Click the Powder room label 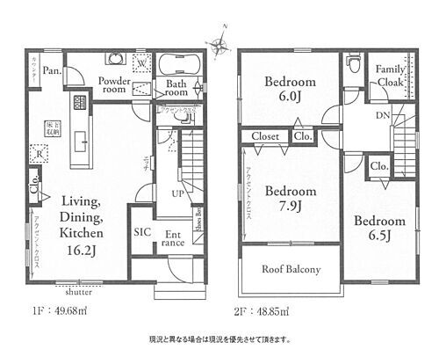(114, 84)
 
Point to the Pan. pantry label (50, 71)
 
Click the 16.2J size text (82, 251)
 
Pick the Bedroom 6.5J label (380, 227)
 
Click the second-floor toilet (354, 63)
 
